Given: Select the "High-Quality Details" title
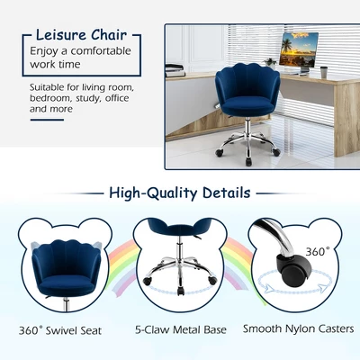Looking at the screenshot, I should tap(179, 193).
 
